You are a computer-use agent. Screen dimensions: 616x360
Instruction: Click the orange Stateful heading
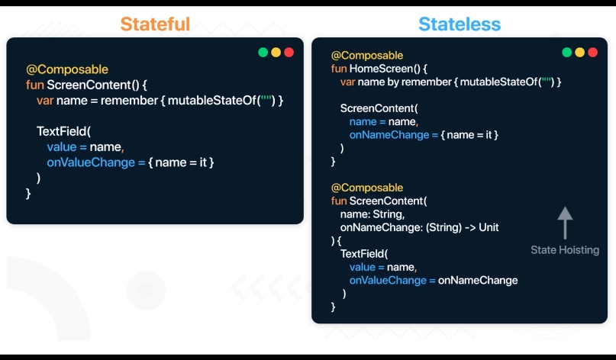(x=155, y=24)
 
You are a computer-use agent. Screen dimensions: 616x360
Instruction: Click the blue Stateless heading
(x=460, y=24)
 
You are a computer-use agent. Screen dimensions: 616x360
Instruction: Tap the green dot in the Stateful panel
(x=263, y=52)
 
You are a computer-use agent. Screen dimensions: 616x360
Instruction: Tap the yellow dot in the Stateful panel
(x=276, y=52)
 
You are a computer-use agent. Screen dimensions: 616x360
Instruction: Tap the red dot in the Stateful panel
(x=289, y=52)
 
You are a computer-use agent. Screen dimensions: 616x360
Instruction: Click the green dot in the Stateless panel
(x=567, y=52)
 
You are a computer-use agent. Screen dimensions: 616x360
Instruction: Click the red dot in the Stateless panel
(x=593, y=52)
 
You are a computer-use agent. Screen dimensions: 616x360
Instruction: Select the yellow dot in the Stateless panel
(x=580, y=52)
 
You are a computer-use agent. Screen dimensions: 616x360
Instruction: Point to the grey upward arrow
(x=565, y=223)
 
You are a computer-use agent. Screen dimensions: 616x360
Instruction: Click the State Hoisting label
(x=565, y=250)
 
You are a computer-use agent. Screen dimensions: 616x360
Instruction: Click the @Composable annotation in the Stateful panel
(x=67, y=69)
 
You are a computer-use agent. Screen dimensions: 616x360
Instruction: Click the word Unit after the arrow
(x=489, y=227)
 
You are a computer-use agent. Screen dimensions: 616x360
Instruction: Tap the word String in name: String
(x=388, y=214)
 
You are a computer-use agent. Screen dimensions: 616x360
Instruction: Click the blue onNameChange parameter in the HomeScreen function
(x=389, y=135)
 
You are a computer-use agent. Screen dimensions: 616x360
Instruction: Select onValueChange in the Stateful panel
(x=91, y=162)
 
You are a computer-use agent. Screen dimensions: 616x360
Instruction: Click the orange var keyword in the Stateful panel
(x=45, y=101)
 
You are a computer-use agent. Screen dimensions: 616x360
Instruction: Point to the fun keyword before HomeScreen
(x=339, y=69)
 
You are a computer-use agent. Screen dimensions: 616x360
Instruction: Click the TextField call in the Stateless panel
(x=364, y=254)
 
